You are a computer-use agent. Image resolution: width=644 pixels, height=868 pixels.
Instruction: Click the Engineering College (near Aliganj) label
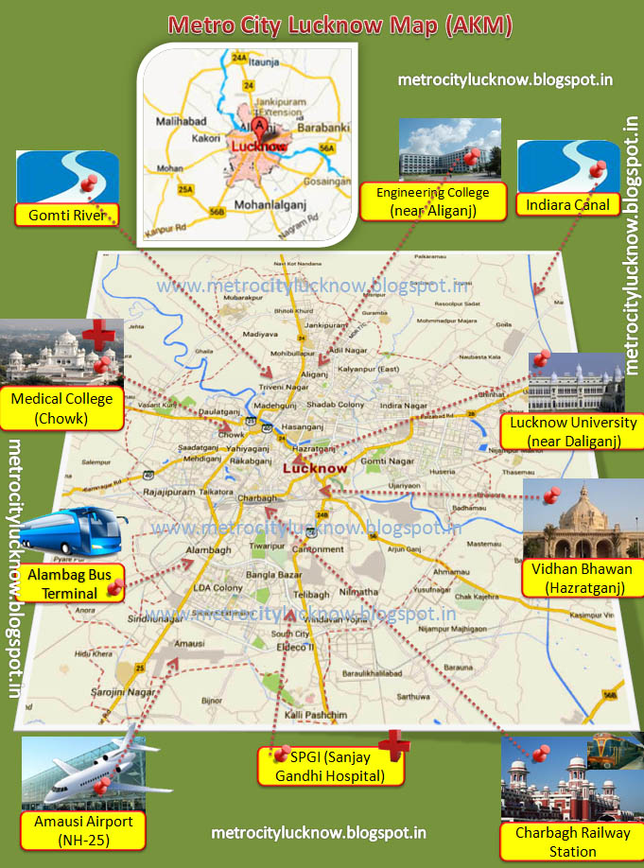pos(431,202)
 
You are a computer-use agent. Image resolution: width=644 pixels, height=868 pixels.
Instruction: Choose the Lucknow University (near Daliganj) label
pos(572,432)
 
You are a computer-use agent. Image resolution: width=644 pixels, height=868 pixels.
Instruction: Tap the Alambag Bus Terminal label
pos(62,583)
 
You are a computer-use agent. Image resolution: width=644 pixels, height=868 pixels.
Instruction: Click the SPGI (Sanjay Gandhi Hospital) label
pos(330,766)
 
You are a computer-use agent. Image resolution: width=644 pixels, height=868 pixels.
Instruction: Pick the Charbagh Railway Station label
pos(572,842)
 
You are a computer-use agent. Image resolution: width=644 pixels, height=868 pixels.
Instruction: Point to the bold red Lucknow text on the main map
pos(314,468)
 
